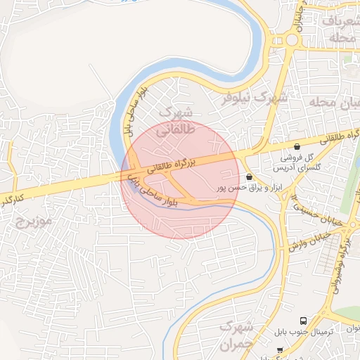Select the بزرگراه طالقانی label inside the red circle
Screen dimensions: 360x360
[169, 167]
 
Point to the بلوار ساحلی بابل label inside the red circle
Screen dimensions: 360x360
[159, 194]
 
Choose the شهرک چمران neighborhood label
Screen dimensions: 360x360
[239, 336]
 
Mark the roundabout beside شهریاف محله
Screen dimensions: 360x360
[291, 40]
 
